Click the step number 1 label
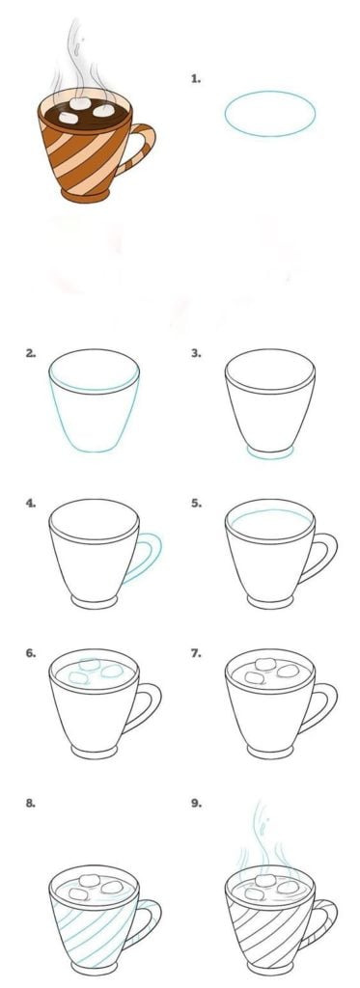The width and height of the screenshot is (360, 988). (196, 79)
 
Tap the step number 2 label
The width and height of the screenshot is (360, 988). (30, 353)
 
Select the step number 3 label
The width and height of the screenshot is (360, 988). (196, 353)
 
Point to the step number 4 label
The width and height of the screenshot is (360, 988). (30, 504)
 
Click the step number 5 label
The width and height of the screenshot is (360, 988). (196, 504)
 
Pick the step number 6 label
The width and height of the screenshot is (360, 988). (30, 653)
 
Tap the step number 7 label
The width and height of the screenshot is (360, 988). (196, 653)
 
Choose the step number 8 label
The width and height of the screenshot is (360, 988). (30, 804)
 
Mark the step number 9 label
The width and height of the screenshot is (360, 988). (196, 804)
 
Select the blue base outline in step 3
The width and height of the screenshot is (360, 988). (270, 457)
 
